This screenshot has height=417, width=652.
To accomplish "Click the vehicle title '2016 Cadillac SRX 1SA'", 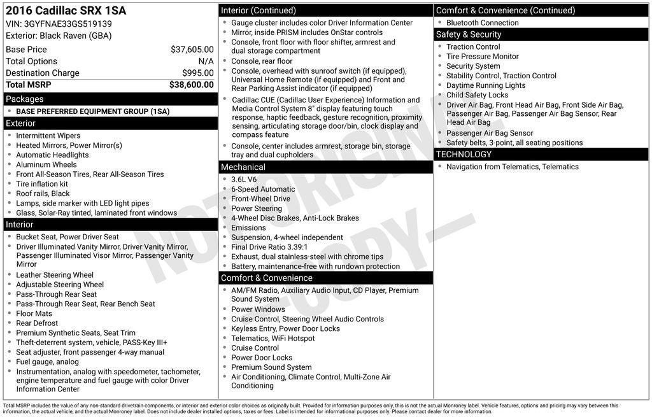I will pyautogui.click(x=66, y=11).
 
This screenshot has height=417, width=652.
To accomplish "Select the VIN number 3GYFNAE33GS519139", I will pyautogui.click(x=68, y=24).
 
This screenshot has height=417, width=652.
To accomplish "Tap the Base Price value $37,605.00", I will pyautogui.click(x=192, y=50).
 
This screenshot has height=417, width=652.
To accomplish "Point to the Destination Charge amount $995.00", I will pyautogui.click(x=197, y=73).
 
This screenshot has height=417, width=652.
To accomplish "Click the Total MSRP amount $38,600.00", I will pyautogui.click(x=191, y=85).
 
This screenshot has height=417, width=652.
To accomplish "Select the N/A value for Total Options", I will pyautogui.click(x=206, y=61).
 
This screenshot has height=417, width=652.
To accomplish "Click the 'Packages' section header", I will pyautogui.click(x=25, y=99).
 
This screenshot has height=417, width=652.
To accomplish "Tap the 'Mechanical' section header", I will pyautogui.click(x=243, y=167).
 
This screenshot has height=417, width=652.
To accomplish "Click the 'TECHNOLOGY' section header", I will pyautogui.click(x=464, y=155).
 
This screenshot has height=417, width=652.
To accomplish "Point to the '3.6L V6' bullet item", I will pyautogui.click(x=244, y=180).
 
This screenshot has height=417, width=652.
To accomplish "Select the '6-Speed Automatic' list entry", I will pyautogui.click(x=263, y=189).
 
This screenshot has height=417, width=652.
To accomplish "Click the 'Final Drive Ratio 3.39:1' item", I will pyautogui.click(x=269, y=247).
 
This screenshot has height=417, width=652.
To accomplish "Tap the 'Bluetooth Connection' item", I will pyautogui.click(x=482, y=23).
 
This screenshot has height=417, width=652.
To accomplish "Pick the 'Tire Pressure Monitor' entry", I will pyautogui.click(x=482, y=57).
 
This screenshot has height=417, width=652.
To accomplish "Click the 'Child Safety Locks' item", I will pyautogui.click(x=477, y=95).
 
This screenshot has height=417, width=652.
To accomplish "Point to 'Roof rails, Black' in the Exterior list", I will pyautogui.click(x=43, y=194).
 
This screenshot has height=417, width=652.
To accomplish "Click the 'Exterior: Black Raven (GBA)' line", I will pyautogui.click(x=59, y=36).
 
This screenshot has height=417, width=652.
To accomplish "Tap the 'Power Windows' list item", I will pyautogui.click(x=258, y=309).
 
